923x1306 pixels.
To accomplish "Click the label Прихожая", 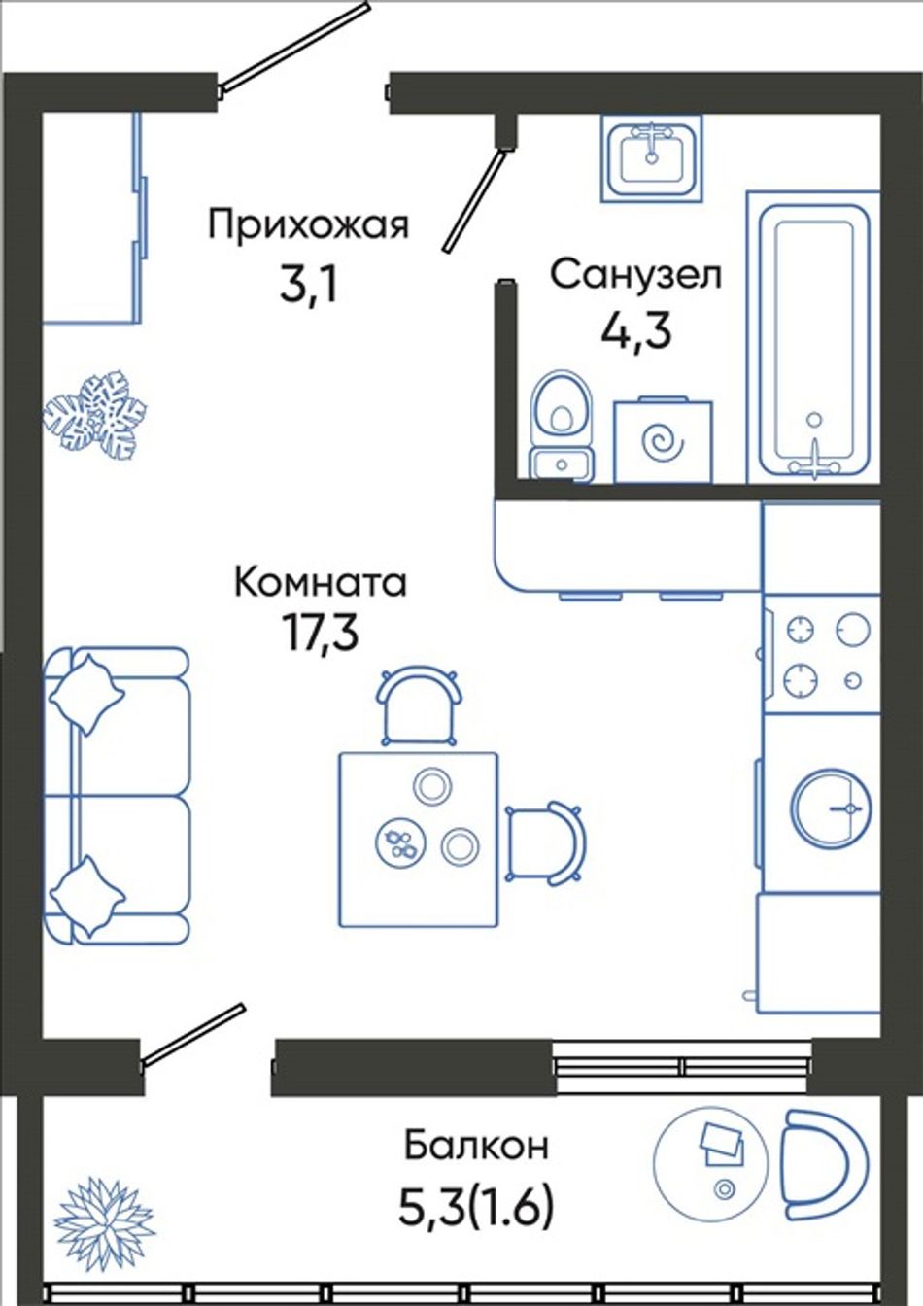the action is click(x=309, y=226).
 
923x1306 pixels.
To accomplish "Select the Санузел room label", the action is click(x=636, y=276).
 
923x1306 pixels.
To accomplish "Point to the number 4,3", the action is click(x=636, y=332).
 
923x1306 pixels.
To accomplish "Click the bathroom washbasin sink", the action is click(x=652, y=156).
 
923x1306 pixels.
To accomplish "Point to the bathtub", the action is click(x=814, y=337).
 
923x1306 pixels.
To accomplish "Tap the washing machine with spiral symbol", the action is click(x=663, y=441).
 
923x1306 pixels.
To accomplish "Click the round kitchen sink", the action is click(x=829, y=808).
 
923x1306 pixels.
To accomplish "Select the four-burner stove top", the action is click(x=822, y=654).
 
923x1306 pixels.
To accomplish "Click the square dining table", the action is click(x=419, y=840).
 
